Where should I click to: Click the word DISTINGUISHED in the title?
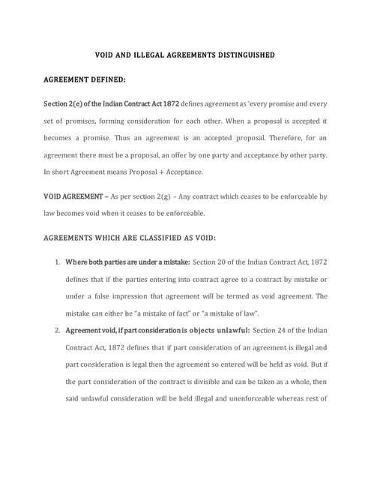(239, 55)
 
